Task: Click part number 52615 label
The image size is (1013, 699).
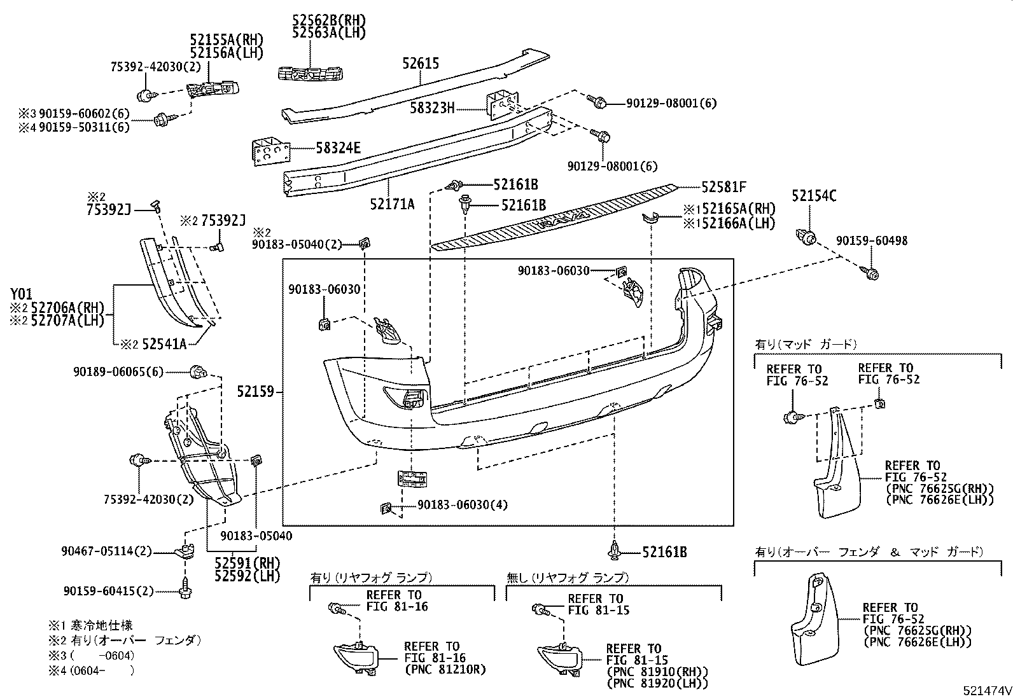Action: tap(420, 64)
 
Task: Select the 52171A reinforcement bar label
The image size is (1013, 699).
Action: tap(392, 204)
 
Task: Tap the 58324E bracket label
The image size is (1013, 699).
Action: tap(338, 149)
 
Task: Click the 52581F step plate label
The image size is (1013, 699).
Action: tap(723, 187)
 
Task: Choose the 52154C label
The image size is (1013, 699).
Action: tap(814, 197)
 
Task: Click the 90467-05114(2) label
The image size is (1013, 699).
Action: tap(107, 551)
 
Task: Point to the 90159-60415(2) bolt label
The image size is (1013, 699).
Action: tap(108, 592)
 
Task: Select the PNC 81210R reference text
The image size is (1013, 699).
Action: tap(445, 669)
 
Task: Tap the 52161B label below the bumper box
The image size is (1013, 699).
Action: tap(664, 553)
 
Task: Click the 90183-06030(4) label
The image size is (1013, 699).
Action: tap(463, 505)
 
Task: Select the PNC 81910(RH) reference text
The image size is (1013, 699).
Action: tap(657, 672)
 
